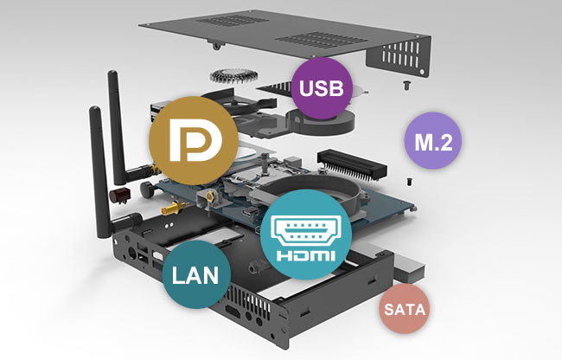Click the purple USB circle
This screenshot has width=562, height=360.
click(x=322, y=88)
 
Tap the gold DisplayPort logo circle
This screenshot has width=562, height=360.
click(x=194, y=140)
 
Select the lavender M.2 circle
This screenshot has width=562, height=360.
click(x=432, y=140)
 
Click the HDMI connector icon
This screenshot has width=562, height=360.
click(x=305, y=230)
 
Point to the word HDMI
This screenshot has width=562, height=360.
click(x=305, y=255)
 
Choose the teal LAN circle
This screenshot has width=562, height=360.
click(x=196, y=274)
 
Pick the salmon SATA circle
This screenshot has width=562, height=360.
click(x=405, y=309)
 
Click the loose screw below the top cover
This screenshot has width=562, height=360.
click(x=406, y=86)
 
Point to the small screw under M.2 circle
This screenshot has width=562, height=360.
click(x=409, y=182)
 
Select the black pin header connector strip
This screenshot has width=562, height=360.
click(x=351, y=164)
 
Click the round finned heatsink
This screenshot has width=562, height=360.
click(x=233, y=76)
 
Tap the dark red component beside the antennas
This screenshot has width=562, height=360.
click(x=119, y=196)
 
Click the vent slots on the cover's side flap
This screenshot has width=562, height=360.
click(x=400, y=56)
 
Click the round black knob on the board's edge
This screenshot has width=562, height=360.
click(x=147, y=189)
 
